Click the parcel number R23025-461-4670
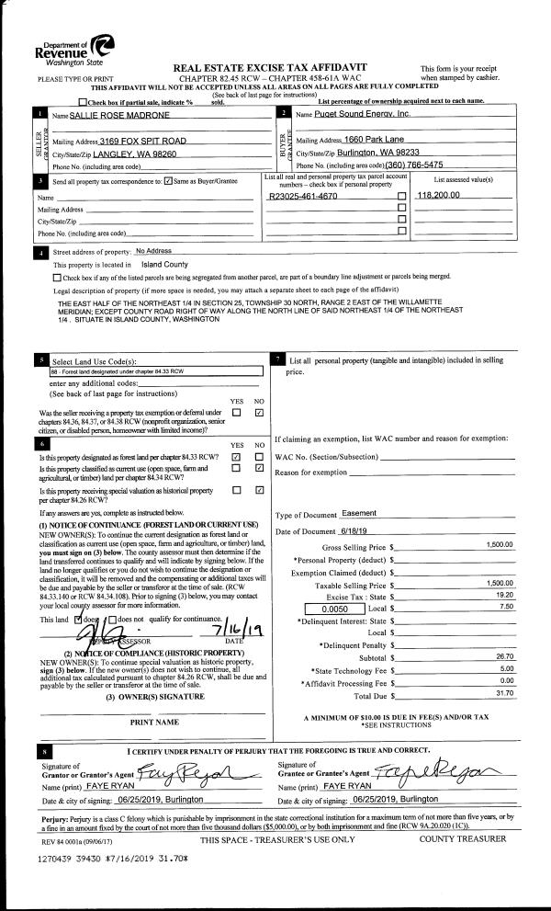[303, 198]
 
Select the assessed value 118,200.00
[444, 198]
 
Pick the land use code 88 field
[156, 372]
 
